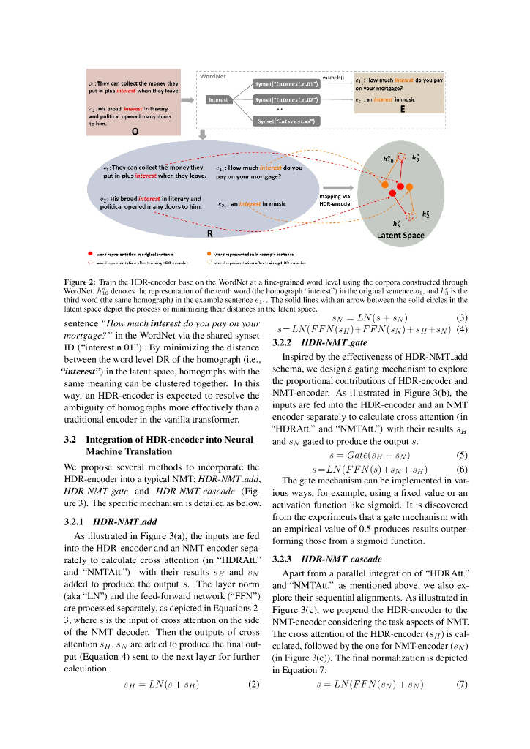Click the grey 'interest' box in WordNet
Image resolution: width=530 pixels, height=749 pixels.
pyautogui.click(x=217, y=99)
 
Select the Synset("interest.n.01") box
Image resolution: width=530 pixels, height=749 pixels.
pyautogui.click(x=286, y=83)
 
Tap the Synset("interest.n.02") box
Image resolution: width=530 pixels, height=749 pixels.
pyautogui.click(x=286, y=99)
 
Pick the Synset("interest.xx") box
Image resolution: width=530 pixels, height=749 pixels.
pyautogui.click(x=286, y=121)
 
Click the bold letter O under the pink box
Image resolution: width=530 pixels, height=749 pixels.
pyautogui.click(x=135, y=132)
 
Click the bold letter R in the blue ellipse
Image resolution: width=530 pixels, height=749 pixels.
pyautogui.click(x=210, y=234)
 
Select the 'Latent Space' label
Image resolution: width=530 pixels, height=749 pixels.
pyautogui.click(x=400, y=235)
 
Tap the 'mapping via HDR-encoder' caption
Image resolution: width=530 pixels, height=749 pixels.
pyautogui.click(x=336, y=200)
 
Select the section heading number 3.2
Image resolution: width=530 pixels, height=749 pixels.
pyautogui.click(x=71, y=439)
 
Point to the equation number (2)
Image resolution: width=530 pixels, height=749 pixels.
pyautogui.click(x=254, y=685)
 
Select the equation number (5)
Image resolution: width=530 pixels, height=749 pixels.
pyautogui.click(x=462, y=454)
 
